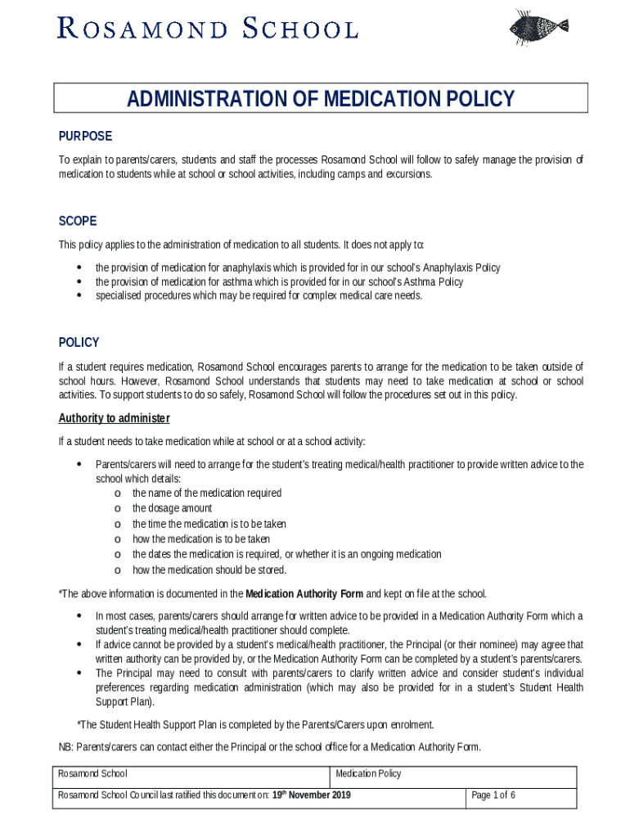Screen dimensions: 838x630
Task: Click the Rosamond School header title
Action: click(207, 29)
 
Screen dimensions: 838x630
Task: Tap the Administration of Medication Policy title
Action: click(321, 99)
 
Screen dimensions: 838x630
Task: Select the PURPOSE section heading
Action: click(85, 136)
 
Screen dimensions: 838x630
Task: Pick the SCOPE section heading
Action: click(78, 221)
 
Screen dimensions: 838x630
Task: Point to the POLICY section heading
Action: click(79, 342)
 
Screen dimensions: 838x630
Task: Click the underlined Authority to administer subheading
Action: click(114, 418)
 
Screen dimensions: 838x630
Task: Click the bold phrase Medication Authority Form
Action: click(304, 593)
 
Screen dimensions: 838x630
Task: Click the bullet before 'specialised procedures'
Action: click(79, 295)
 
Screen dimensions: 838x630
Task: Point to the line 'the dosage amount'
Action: click(172, 508)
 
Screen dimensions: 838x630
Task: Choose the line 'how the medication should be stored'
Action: click(209, 570)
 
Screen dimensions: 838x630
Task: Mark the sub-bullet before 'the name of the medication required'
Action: click(118, 493)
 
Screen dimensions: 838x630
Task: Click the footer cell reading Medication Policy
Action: click(368, 774)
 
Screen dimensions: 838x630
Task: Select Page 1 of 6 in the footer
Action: click(493, 795)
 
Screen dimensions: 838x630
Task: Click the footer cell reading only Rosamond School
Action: click(92, 774)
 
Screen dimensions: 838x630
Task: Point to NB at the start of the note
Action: click(65, 746)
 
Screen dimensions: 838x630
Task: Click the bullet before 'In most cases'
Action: click(79, 615)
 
